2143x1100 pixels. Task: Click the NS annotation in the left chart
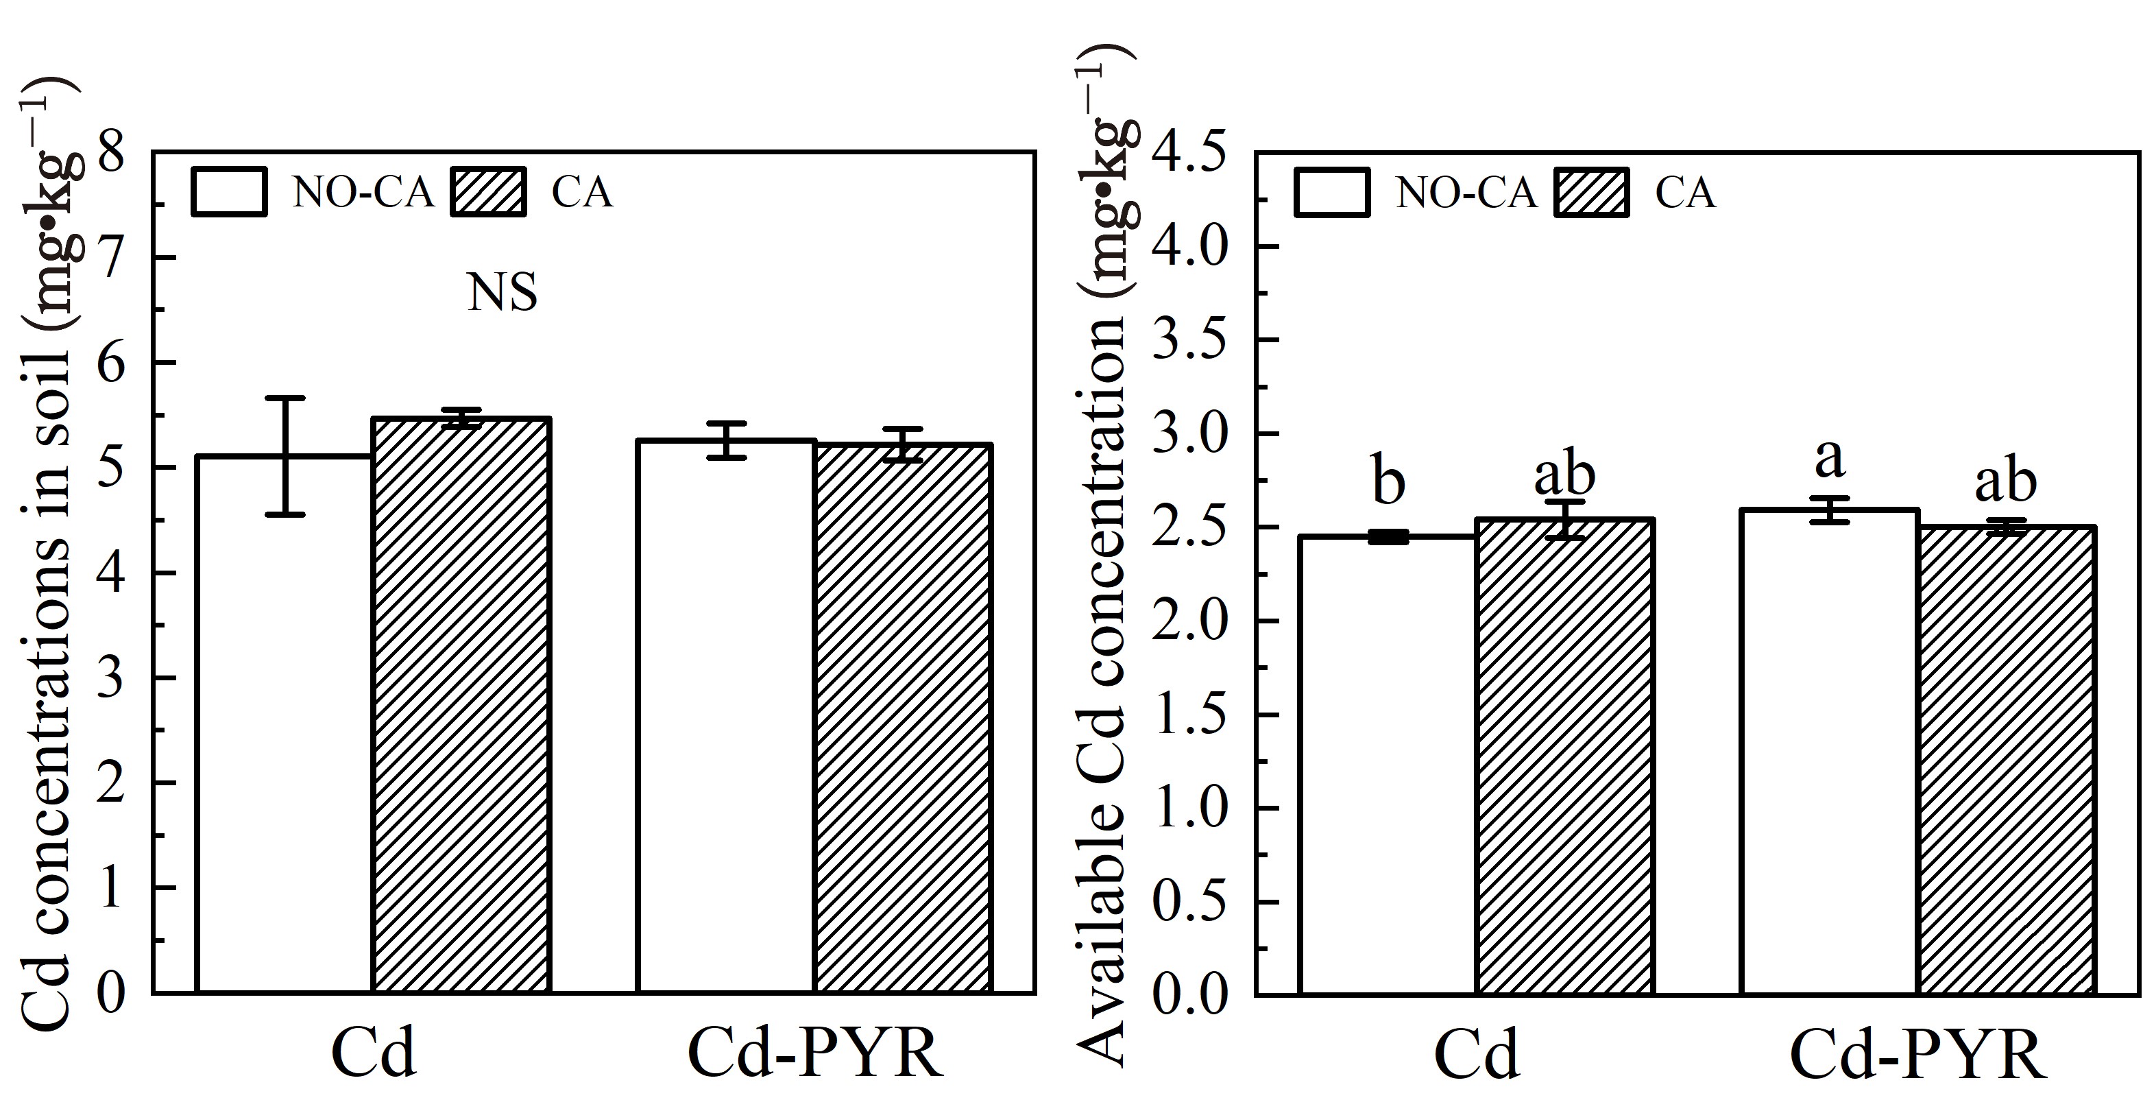pyautogui.click(x=503, y=293)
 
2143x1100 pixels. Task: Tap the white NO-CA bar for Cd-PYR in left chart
pyautogui.click(x=725, y=715)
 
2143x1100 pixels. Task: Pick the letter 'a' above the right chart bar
pyautogui.click(x=1828, y=459)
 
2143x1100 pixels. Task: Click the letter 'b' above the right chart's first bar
pyautogui.click(x=1388, y=483)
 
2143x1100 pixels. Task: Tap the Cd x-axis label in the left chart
pyautogui.click(x=373, y=1053)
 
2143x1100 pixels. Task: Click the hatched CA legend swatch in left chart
pyautogui.click(x=488, y=192)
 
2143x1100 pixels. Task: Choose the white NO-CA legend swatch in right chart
pyautogui.click(x=1332, y=192)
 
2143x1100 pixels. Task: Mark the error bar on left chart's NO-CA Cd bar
pyautogui.click(x=285, y=456)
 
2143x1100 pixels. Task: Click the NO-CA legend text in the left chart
pyautogui.click(x=363, y=193)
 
